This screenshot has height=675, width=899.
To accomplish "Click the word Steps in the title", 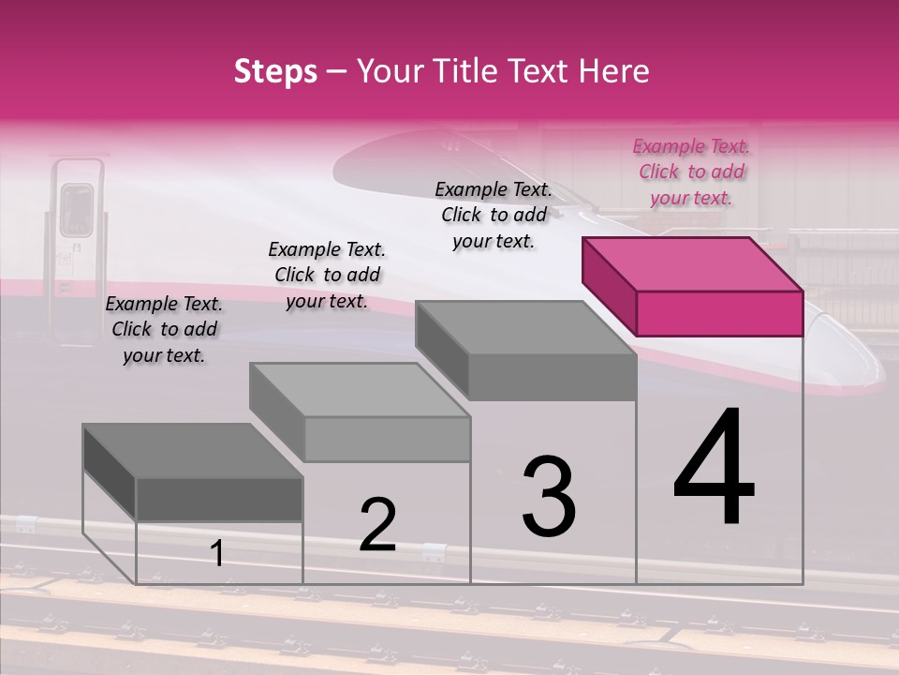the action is (275, 71).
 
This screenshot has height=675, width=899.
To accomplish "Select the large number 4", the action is (714, 469).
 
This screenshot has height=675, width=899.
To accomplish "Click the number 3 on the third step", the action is (549, 497).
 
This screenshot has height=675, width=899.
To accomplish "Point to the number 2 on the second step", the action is (377, 525).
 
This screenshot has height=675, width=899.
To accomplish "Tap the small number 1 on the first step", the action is (217, 554).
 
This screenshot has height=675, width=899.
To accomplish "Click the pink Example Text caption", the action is (691, 172).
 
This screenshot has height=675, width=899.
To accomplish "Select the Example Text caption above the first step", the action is (164, 329).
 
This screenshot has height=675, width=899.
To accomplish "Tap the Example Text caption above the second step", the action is (327, 275).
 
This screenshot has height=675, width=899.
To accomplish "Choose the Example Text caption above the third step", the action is (494, 215).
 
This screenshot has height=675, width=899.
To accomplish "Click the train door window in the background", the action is (77, 209).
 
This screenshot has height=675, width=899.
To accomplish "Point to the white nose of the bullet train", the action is (852, 356).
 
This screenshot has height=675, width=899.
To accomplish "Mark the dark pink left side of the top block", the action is (609, 286).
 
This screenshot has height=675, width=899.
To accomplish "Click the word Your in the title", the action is (386, 71).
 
